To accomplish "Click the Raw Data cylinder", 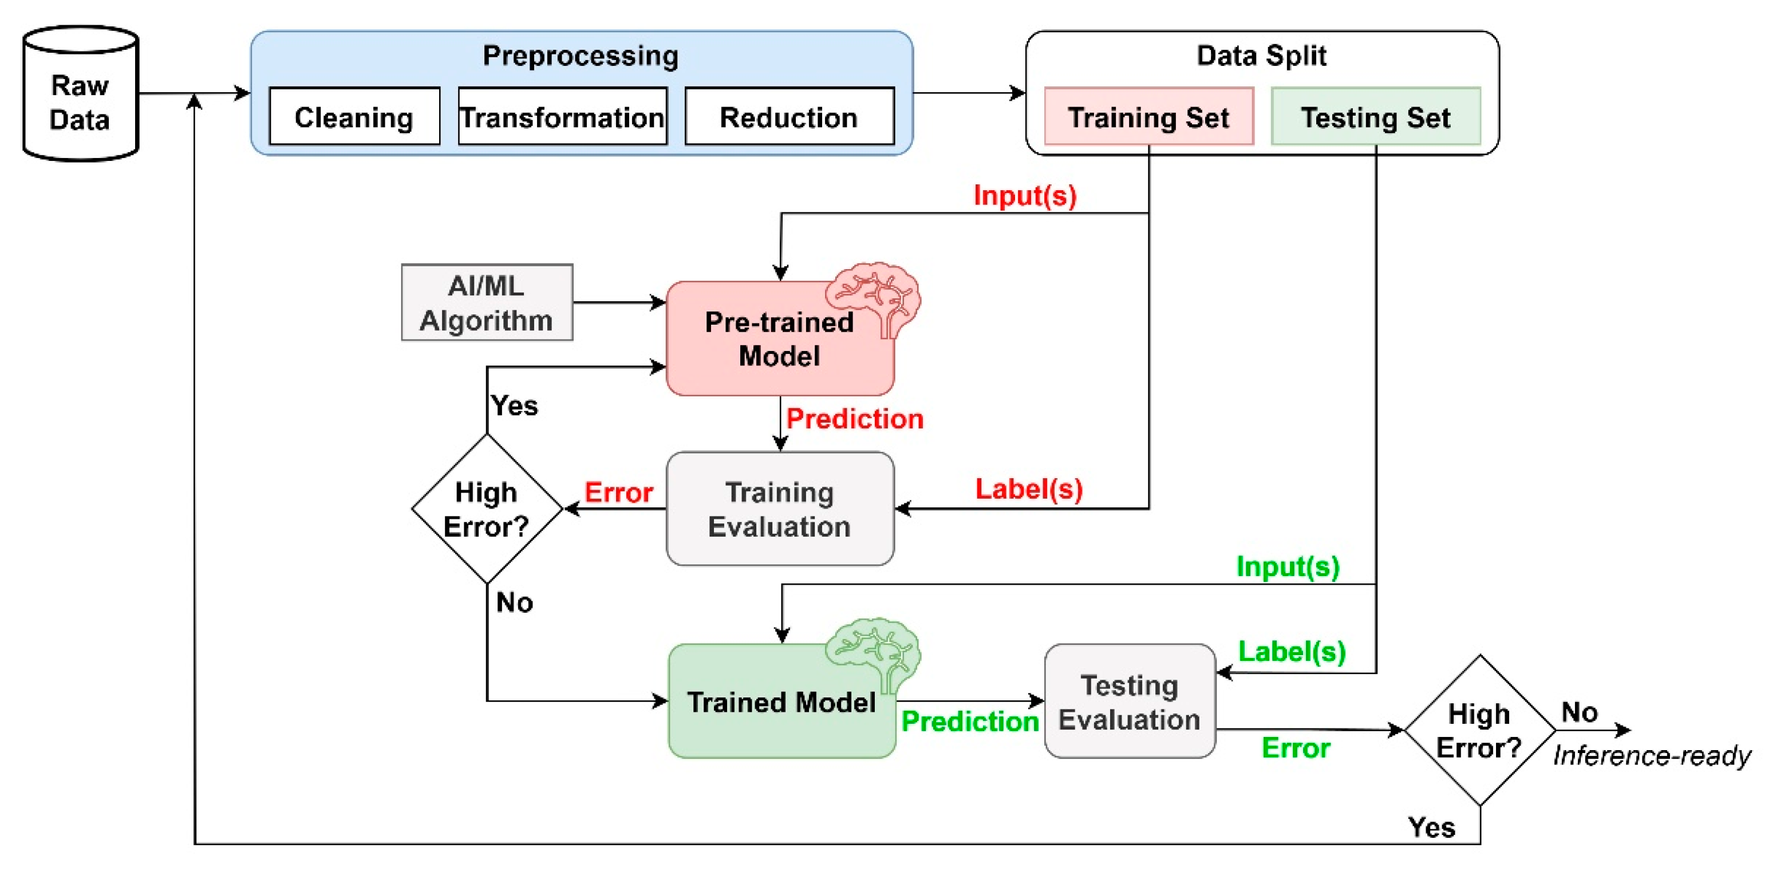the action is click(81, 94).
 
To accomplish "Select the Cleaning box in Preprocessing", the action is click(354, 116).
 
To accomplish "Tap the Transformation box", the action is click(562, 116).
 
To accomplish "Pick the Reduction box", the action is click(789, 116).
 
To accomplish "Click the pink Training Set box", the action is click(1148, 116).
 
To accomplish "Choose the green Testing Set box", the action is click(1376, 116).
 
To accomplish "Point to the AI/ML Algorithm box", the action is click(487, 302).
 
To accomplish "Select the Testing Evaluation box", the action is click(1130, 701).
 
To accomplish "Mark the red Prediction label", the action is click(854, 419).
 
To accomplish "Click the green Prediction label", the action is click(970, 722).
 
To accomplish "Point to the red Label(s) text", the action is click(1029, 490).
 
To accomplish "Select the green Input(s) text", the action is click(1288, 566).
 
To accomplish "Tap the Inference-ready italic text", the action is click(1652, 755).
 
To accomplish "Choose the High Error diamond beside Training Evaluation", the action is click(487, 509).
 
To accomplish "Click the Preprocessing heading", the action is click(581, 56).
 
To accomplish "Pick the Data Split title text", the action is click(1261, 56).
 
